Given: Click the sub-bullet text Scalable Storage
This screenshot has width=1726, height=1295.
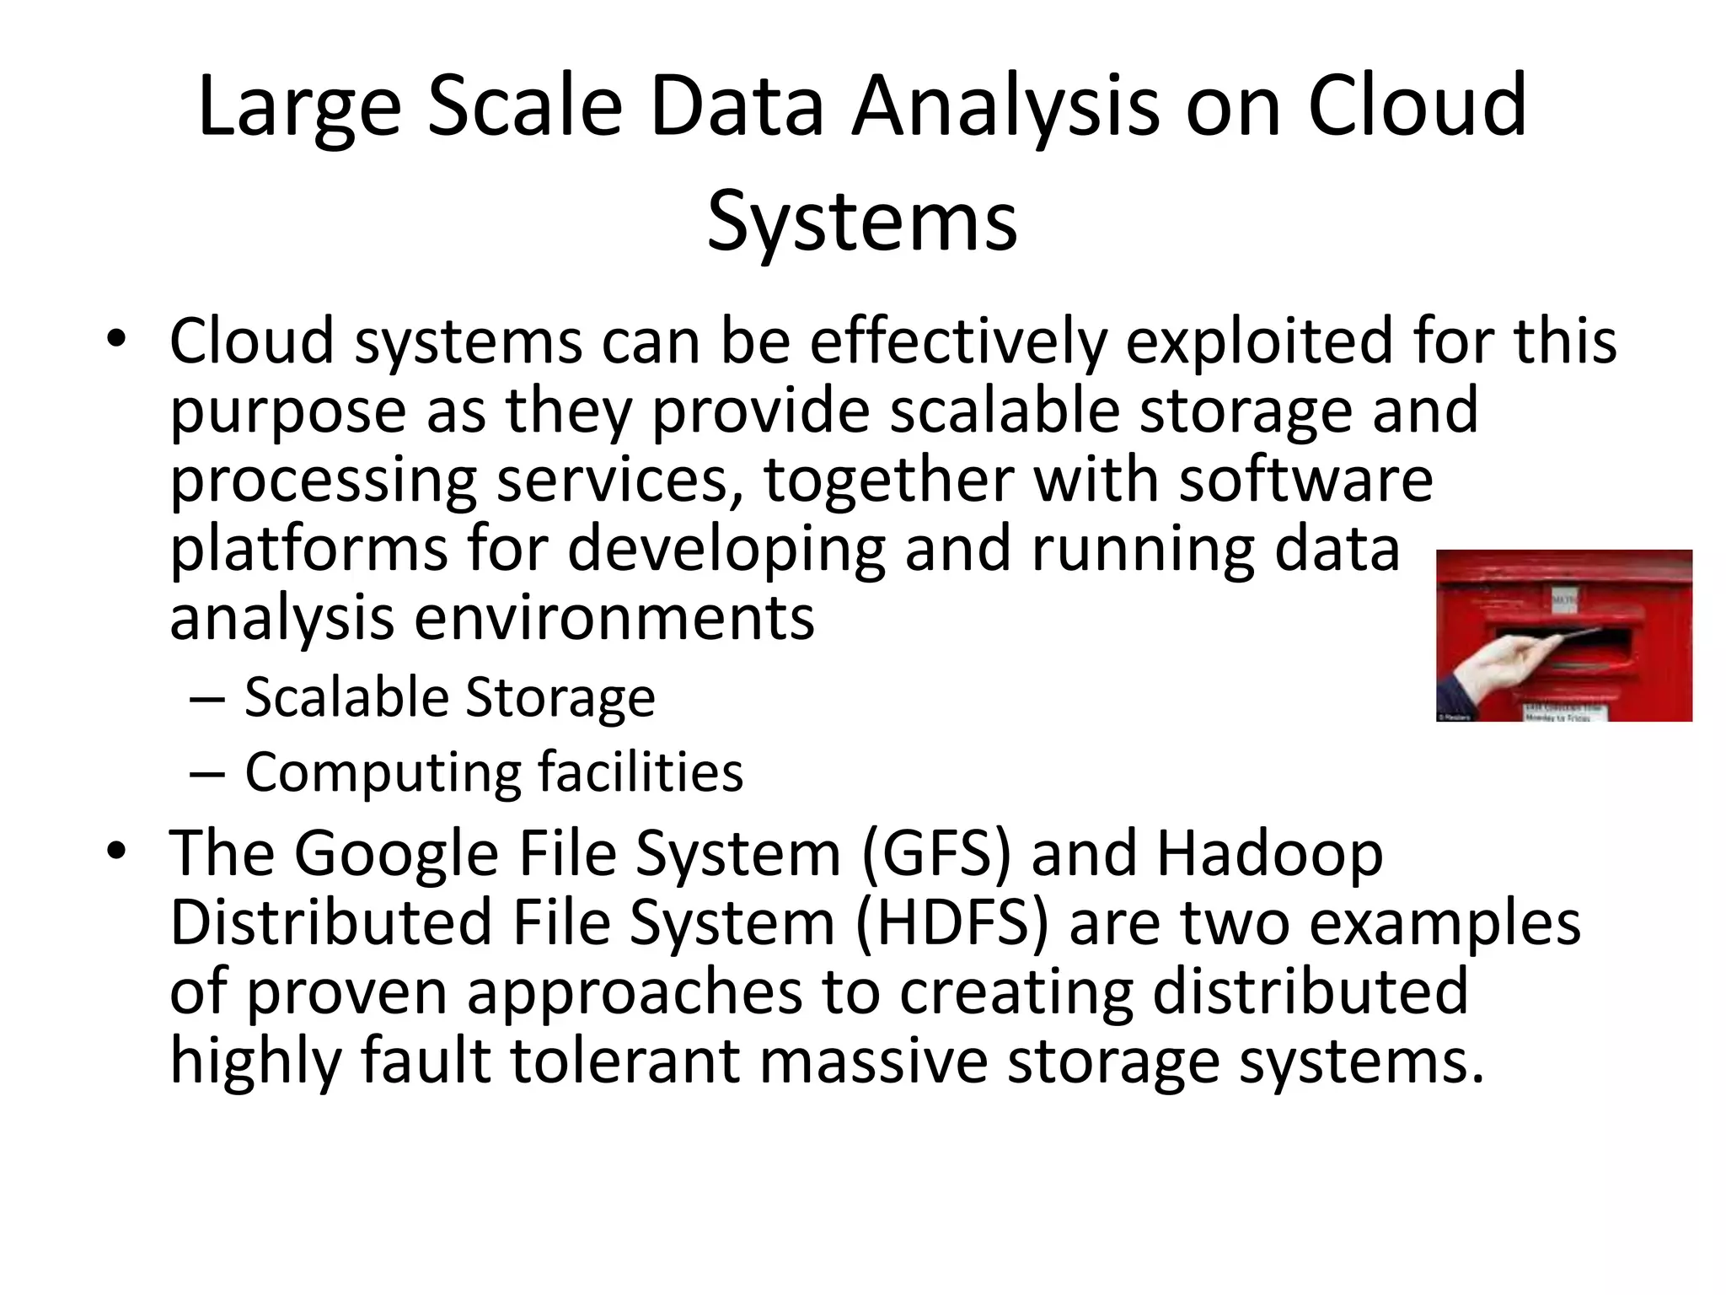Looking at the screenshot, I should pyautogui.click(x=449, y=698).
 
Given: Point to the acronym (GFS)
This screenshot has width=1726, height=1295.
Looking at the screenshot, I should pyautogui.click(x=935, y=853).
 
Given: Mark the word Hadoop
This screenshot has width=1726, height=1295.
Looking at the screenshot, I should pyautogui.click(x=1269, y=853).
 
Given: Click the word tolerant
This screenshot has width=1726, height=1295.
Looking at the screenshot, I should pyautogui.click(x=624, y=1060).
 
